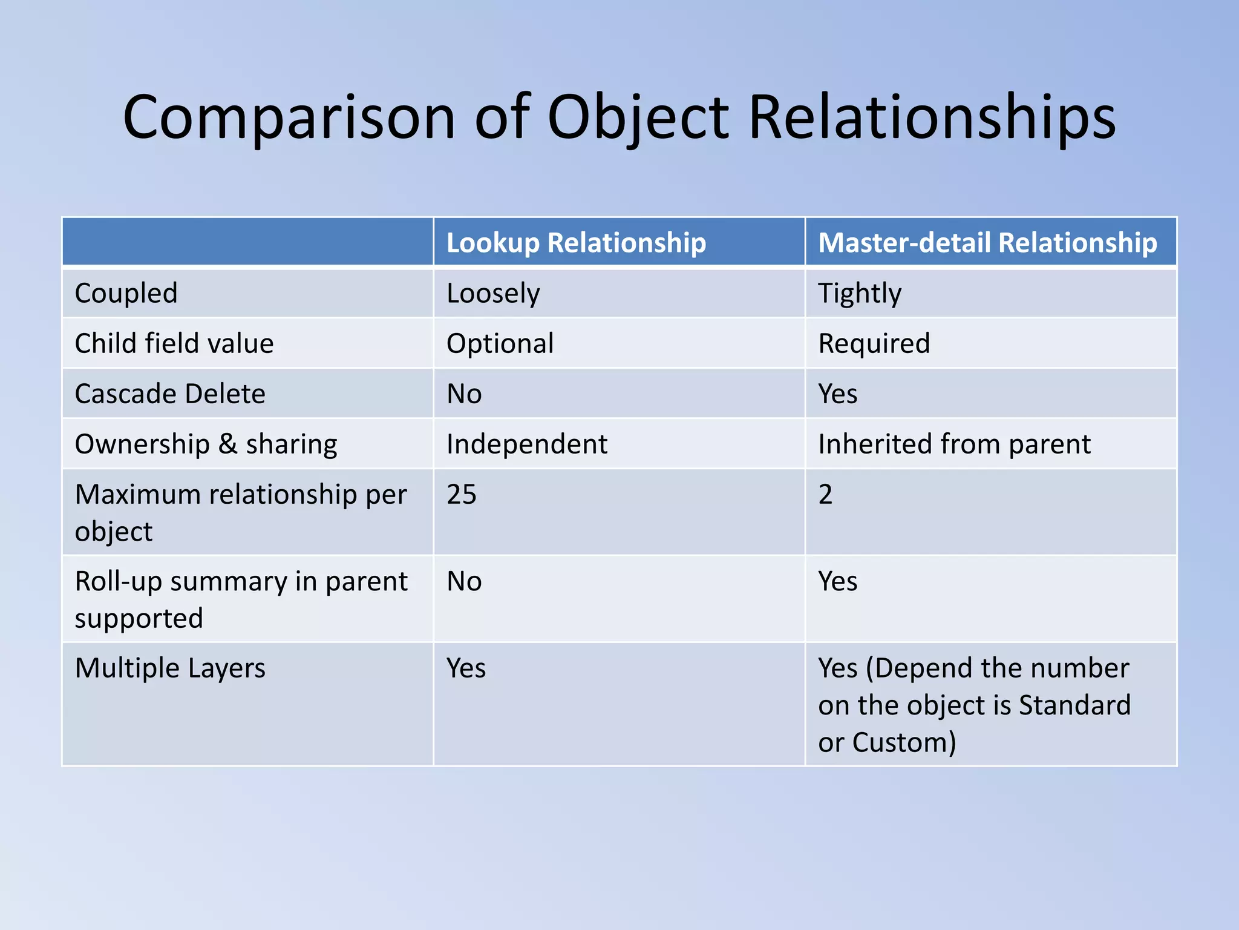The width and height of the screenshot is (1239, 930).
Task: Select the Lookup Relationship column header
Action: [576, 242]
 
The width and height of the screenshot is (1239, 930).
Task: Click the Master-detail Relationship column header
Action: [987, 242]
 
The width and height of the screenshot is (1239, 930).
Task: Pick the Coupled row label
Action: [126, 293]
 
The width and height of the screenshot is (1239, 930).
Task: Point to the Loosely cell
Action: [493, 293]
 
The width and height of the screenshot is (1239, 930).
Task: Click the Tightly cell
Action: [859, 293]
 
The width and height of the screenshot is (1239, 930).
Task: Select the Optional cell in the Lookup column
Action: [500, 343]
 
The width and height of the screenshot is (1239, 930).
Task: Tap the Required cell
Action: [874, 343]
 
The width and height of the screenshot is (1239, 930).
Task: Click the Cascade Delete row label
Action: [170, 394]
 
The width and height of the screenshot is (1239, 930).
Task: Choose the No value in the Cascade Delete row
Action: [464, 394]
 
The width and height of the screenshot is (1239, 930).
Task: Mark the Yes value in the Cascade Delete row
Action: [837, 394]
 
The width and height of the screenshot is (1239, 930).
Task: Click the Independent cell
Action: [526, 444]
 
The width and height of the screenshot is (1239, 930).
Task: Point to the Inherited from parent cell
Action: [954, 444]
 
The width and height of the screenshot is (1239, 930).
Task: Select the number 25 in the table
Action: [462, 494]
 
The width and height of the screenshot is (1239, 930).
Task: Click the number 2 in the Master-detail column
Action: [825, 494]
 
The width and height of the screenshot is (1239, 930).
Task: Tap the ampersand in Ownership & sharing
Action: [227, 444]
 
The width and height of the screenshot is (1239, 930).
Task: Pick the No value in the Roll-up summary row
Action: [464, 581]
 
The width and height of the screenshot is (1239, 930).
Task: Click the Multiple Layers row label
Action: [170, 668]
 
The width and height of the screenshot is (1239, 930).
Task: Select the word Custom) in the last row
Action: [904, 742]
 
